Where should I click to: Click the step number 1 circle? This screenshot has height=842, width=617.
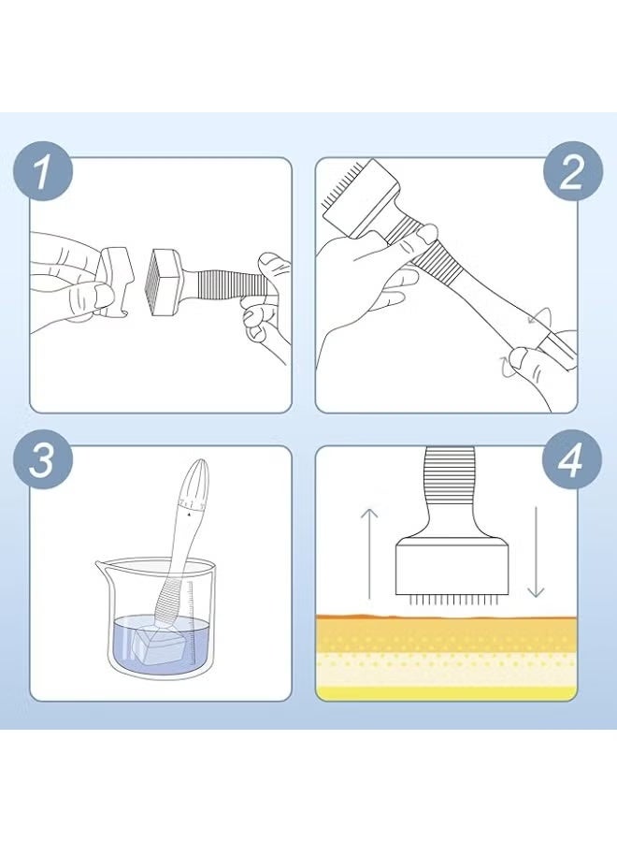pyautogui.click(x=42, y=171)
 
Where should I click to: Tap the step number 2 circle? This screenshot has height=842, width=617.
pyautogui.click(x=572, y=171)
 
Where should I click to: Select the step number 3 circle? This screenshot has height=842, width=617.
pyautogui.click(x=42, y=459)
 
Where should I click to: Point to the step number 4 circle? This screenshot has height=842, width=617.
pyautogui.click(x=572, y=459)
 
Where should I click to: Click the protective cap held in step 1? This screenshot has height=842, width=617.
pyautogui.click(x=116, y=281)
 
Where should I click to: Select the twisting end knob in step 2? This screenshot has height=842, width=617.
pyautogui.click(x=558, y=348)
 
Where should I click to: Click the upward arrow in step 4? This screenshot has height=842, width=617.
pyautogui.click(x=369, y=553)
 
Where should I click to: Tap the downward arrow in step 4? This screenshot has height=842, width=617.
pyautogui.click(x=536, y=551)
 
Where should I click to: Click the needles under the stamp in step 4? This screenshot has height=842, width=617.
pyautogui.click(x=452, y=598)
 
